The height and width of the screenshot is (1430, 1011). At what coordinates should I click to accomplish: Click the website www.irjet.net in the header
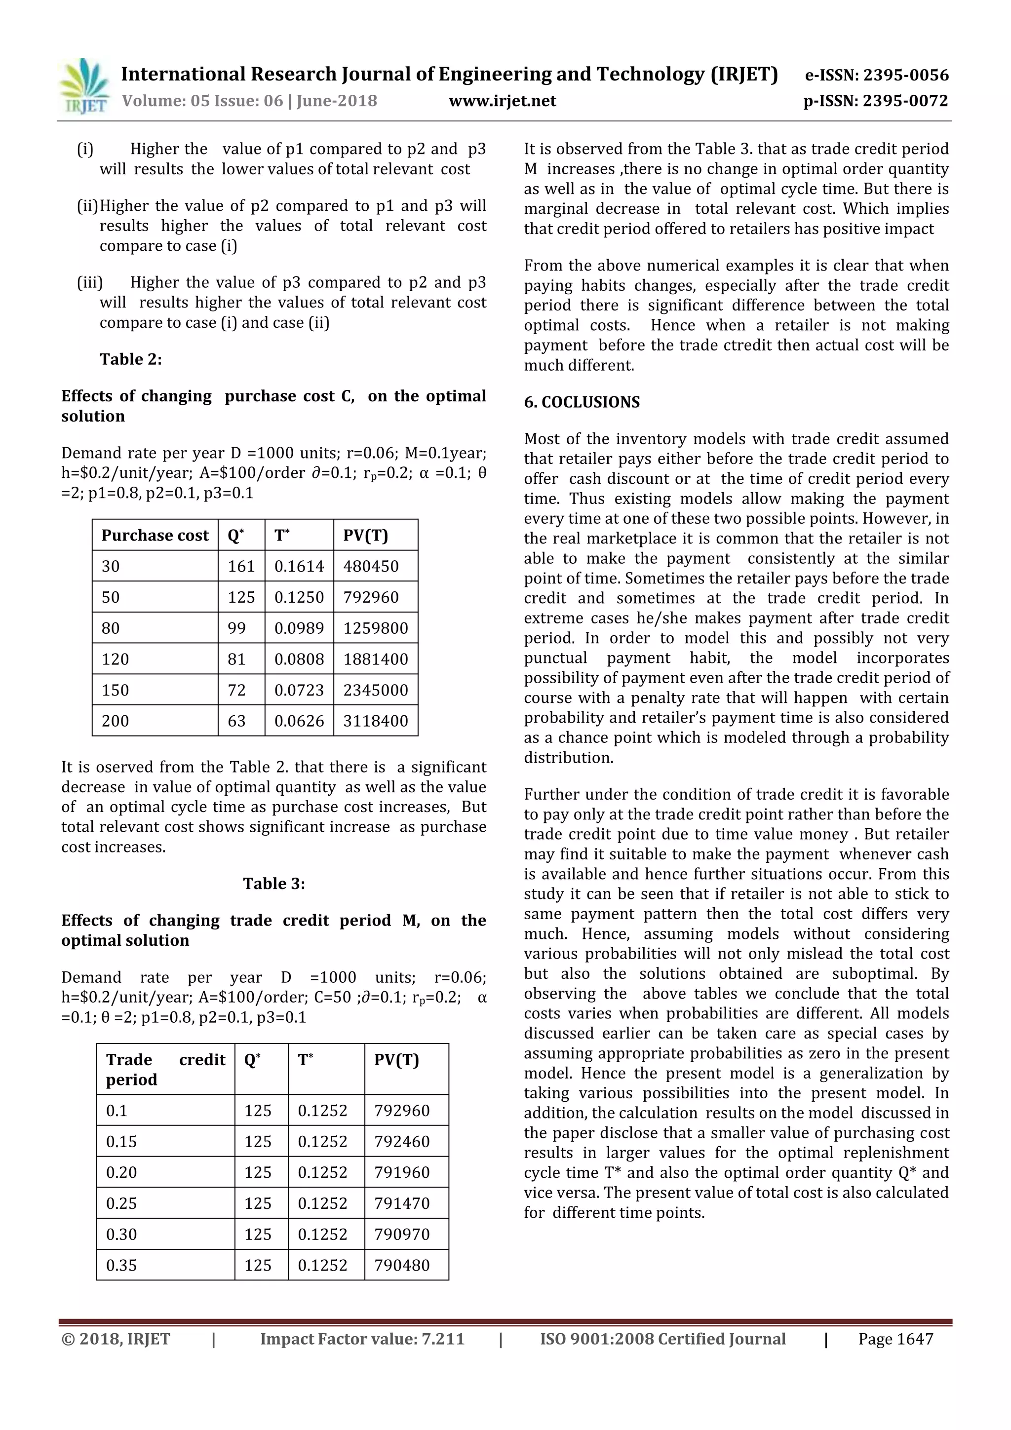[x=502, y=101]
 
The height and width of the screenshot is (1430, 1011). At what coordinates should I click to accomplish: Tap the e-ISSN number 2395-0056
[x=906, y=76]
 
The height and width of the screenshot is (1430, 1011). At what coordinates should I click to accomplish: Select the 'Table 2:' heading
[x=131, y=359]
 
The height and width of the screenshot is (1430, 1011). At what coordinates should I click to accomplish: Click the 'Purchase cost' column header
[x=155, y=536]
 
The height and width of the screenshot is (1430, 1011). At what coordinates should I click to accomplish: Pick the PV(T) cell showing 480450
[x=371, y=566]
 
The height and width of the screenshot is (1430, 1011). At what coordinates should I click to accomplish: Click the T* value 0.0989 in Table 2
[x=299, y=628]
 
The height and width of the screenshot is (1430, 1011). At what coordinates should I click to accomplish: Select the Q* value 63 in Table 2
[x=237, y=721]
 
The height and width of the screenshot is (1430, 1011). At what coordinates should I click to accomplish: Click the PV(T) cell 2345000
[x=376, y=690]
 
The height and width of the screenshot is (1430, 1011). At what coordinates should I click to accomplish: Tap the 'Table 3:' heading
[x=274, y=884]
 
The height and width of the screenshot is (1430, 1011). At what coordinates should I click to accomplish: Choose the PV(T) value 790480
[x=402, y=1265]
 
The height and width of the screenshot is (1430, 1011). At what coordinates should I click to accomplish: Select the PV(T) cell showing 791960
[x=402, y=1172]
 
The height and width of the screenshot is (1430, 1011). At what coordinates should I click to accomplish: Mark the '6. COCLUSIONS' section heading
[x=582, y=402]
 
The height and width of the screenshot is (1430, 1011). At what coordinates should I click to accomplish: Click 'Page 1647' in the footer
[x=895, y=1339]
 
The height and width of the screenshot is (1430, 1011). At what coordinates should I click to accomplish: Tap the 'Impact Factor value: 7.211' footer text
[x=362, y=1339]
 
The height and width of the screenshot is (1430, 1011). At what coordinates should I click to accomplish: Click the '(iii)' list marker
[x=90, y=283]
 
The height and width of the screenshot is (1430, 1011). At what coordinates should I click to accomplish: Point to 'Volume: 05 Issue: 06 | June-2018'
[x=250, y=101]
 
